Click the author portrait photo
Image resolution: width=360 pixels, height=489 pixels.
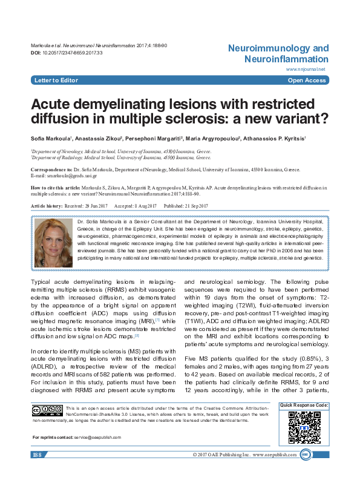click(54, 240)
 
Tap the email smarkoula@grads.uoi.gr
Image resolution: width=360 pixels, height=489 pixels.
click(68, 176)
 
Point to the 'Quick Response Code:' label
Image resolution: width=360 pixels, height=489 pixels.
click(304, 404)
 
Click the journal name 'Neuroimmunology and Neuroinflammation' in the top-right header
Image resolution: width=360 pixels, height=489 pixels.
click(278, 53)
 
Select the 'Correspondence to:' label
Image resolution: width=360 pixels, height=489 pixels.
click(50, 171)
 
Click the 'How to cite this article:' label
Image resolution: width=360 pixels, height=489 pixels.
click(56, 188)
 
